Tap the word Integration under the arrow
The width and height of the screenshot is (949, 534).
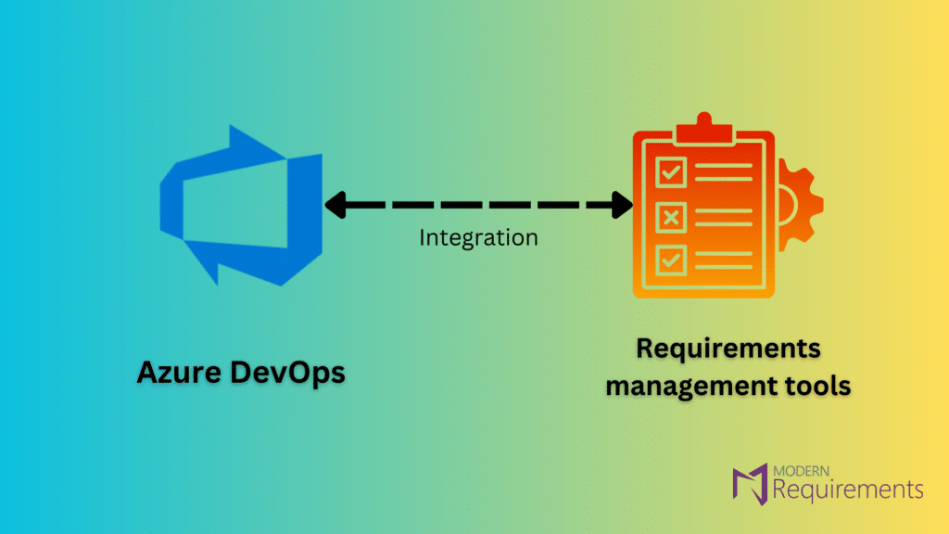click(478, 237)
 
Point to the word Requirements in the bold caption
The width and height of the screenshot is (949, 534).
click(728, 350)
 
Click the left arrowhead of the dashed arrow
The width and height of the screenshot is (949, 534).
click(335, 203)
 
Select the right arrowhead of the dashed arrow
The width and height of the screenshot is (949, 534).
click(622, 203)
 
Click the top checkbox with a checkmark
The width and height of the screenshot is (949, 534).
click(671, 172)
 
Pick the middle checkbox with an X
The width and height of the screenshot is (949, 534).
click(671, 217)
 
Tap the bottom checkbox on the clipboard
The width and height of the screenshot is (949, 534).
click(671, 261)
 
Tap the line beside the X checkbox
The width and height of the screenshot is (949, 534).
click(727, 217)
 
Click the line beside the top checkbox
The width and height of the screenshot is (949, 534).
click(727, 172)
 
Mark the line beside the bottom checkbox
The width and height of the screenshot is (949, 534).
click(727, 261)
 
